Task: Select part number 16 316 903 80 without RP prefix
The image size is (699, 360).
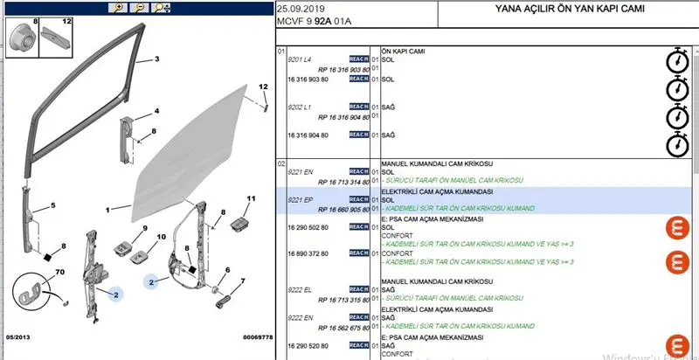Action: point(308,79)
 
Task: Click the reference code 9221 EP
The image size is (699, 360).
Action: point(301,200)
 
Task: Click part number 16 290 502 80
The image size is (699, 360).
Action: point(308,227)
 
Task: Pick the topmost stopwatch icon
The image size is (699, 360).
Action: point(675,61)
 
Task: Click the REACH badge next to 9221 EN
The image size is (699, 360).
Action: point(358,171)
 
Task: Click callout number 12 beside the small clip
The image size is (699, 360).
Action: point(262,87)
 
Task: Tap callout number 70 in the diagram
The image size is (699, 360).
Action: point(61,273)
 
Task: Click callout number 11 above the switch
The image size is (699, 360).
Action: point(251,200)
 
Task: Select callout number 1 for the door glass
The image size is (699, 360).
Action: point(107,211)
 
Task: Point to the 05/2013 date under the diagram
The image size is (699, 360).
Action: point(20,336)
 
